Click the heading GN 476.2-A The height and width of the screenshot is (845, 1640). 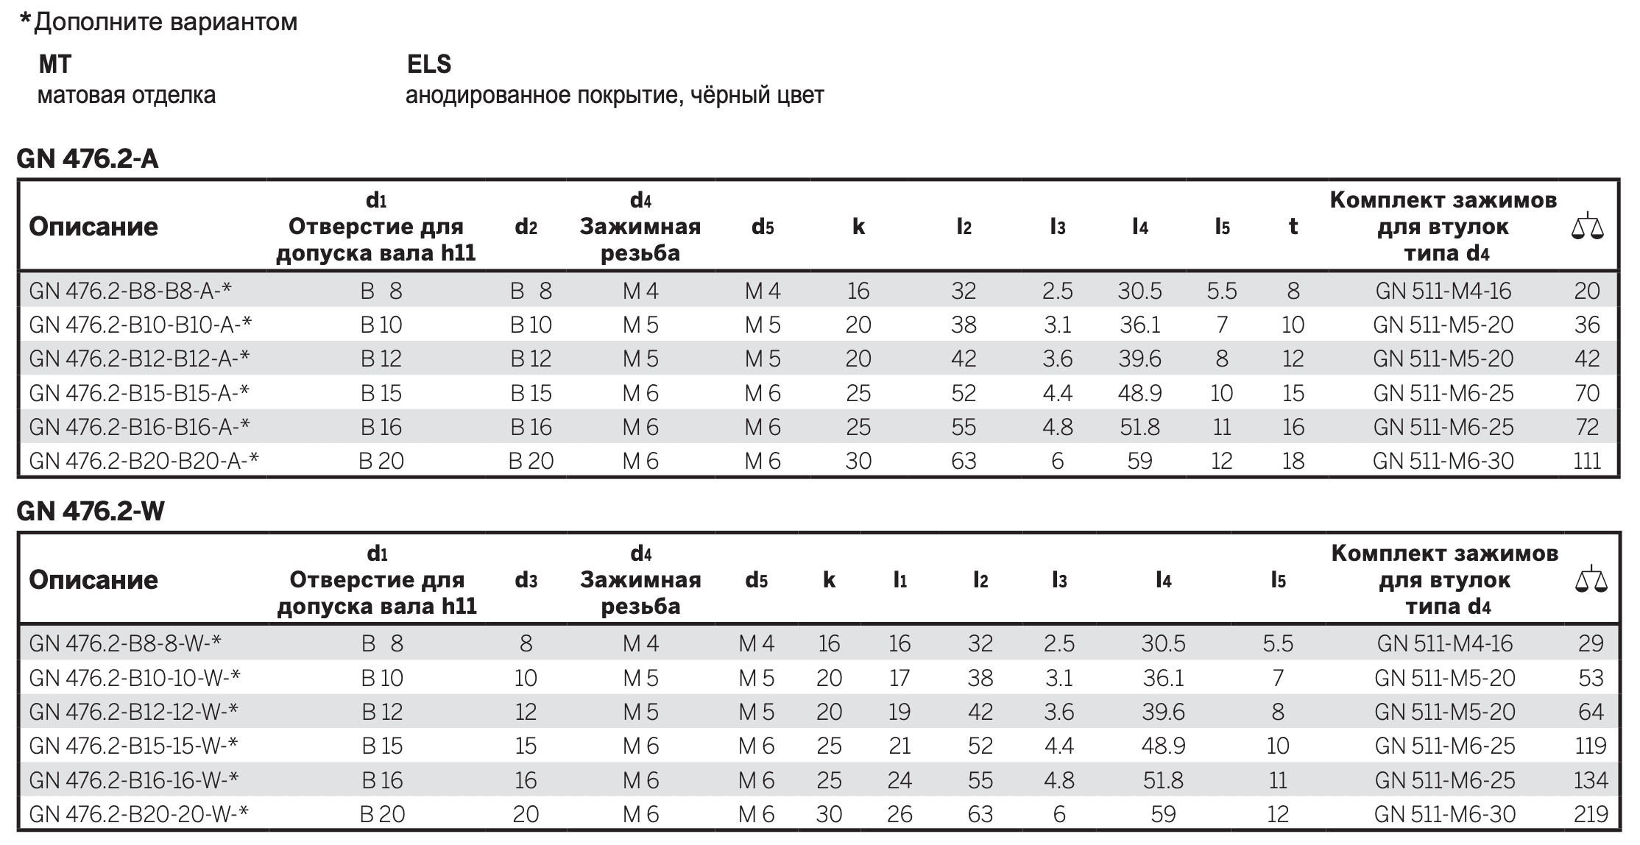(88, 158)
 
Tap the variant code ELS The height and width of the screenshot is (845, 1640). (429, 64)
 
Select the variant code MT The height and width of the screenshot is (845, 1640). (55, 64)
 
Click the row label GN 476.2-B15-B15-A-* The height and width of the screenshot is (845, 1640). (140, 392)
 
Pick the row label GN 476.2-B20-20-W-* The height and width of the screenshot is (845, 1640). (139, 813)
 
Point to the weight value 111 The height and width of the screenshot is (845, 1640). (1587, 461)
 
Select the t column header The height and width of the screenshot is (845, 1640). (1293, 226)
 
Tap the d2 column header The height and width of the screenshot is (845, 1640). (526, 227)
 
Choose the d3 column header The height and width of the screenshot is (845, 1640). (526, 580)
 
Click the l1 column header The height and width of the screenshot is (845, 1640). (899, 580)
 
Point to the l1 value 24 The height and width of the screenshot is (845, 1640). (899, 779)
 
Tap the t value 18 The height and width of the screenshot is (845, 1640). (1293, 461)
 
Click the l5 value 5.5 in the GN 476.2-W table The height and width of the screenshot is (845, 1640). (1278, 643)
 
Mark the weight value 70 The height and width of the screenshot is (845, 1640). (1587, 392)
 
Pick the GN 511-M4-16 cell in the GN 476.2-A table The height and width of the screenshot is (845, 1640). (1443, 291)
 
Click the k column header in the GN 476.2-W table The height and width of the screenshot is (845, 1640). (829, 580)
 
